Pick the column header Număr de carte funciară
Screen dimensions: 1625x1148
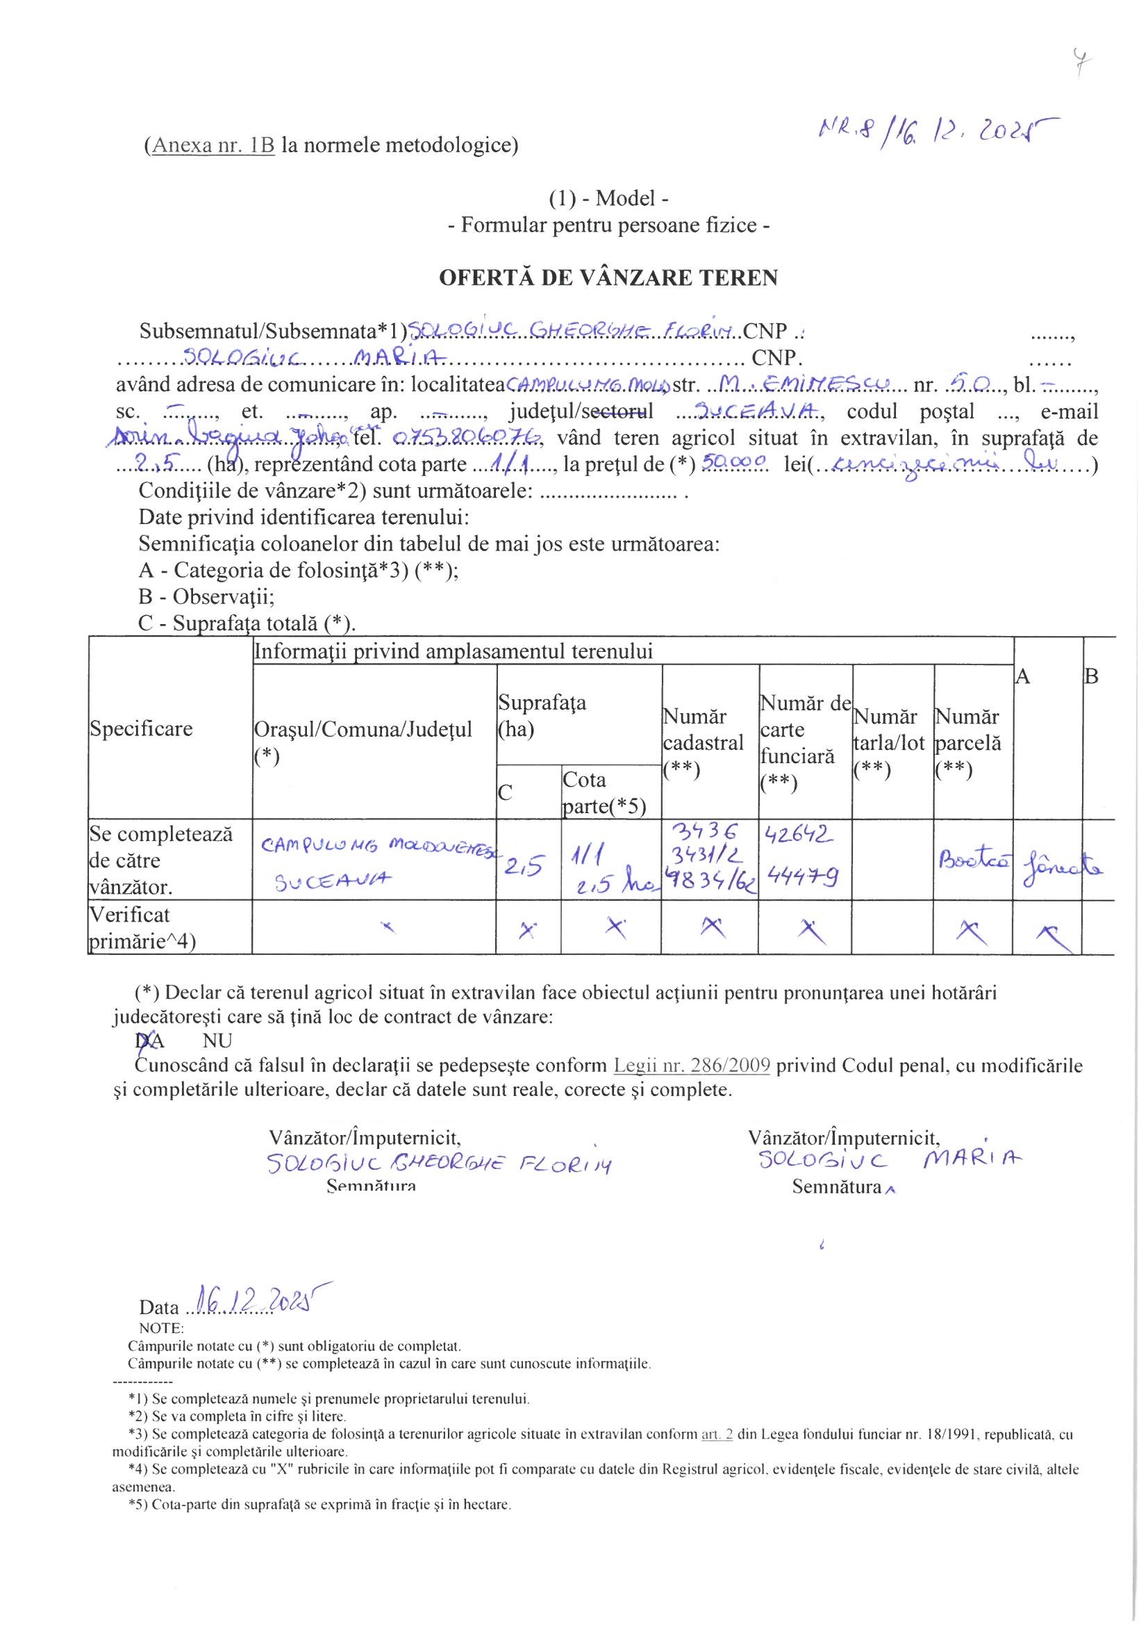(x=805, y=742)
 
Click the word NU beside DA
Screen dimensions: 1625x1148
(x=217, y=1040)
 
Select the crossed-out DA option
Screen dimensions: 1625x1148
(x=149, y=1040)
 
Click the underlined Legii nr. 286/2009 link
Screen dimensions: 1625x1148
(x=691, y=1065)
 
